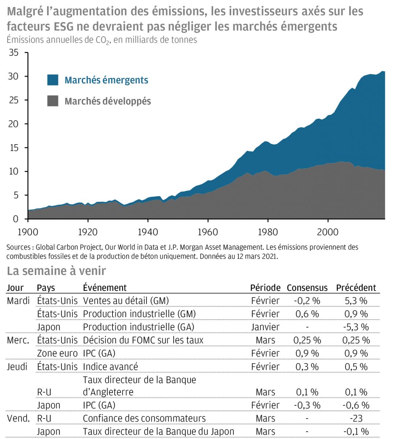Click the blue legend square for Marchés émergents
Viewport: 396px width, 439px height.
point(53,80)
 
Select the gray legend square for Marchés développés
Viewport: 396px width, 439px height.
point(53,101)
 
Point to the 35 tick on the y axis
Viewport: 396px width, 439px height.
point(14,53)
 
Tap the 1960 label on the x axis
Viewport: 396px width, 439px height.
point(208,232)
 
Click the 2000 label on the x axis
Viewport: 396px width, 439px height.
point(328,232)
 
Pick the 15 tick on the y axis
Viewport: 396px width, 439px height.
point(14,148)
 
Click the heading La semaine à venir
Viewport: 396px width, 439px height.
point(56,271)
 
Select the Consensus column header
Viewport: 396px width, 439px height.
point(307,288)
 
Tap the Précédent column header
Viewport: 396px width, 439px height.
point(356,288)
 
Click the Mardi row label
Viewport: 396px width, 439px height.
point(18,301)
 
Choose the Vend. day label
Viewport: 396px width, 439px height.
point(18,418)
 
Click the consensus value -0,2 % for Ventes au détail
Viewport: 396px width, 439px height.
point(307,301)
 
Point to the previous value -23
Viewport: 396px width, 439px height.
point(356,418)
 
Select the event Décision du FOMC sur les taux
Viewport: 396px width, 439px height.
point(143,340)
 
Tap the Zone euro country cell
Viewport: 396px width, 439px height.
point(57,353)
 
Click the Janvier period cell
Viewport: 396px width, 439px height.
point(265,327)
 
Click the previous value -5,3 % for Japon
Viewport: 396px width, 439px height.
point(356,327)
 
